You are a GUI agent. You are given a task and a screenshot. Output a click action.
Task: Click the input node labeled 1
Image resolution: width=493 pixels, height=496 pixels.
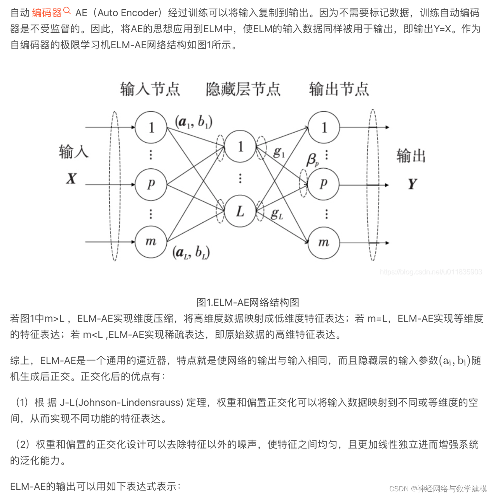pyautogui.click(x=151, y=127)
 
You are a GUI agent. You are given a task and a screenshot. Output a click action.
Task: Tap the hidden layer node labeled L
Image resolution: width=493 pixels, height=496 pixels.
pyautogui.click(x=240, y=211)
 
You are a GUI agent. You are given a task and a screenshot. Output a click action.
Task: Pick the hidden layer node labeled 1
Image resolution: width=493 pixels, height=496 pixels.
pyautogui.click(x=240, y=146)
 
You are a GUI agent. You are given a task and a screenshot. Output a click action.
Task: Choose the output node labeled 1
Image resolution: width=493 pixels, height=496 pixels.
pyautogui.click(x=324, y=127)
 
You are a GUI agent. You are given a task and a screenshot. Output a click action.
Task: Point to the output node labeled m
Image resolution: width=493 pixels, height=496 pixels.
pyautogui.click(x=323, y=243)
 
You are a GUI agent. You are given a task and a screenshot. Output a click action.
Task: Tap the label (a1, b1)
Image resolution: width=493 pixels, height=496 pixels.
pyautogui.click(x=193, y=122)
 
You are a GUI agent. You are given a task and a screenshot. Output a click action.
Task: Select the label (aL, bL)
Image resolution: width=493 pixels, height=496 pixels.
pyautogui.click(x=191, y=253)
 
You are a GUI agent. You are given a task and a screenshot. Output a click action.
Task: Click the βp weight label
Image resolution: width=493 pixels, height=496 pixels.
pyautogui.click(x=313, y=159)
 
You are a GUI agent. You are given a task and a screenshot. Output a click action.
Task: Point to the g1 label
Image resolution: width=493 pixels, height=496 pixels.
pyautogui.click(x=279, y=152)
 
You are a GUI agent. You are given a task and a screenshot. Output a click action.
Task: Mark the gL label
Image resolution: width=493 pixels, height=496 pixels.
pyautogui.click(x=277, y=213)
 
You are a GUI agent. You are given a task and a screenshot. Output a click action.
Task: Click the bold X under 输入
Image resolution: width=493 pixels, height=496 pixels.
pyautogui.click(x=71, y=178)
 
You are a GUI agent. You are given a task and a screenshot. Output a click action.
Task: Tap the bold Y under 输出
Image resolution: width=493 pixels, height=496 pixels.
pyautogui.click(x=412, y=183)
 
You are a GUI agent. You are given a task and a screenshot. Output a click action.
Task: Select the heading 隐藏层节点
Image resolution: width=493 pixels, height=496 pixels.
pyautogui.click(x=243, y=89)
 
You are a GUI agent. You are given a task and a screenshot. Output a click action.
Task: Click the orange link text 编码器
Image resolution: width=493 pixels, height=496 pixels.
pyautogui.click(x=47, y=13)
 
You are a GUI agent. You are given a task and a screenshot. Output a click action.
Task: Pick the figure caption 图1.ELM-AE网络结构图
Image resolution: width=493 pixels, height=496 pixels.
pyautogui.click(x=248, y=302)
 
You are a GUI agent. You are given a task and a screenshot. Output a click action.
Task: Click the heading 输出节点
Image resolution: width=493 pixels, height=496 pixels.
pyautogui.click(x=339, y=89)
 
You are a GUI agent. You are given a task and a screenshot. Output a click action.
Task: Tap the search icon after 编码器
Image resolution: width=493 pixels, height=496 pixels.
pyautogui.click(x=67, y=11)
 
